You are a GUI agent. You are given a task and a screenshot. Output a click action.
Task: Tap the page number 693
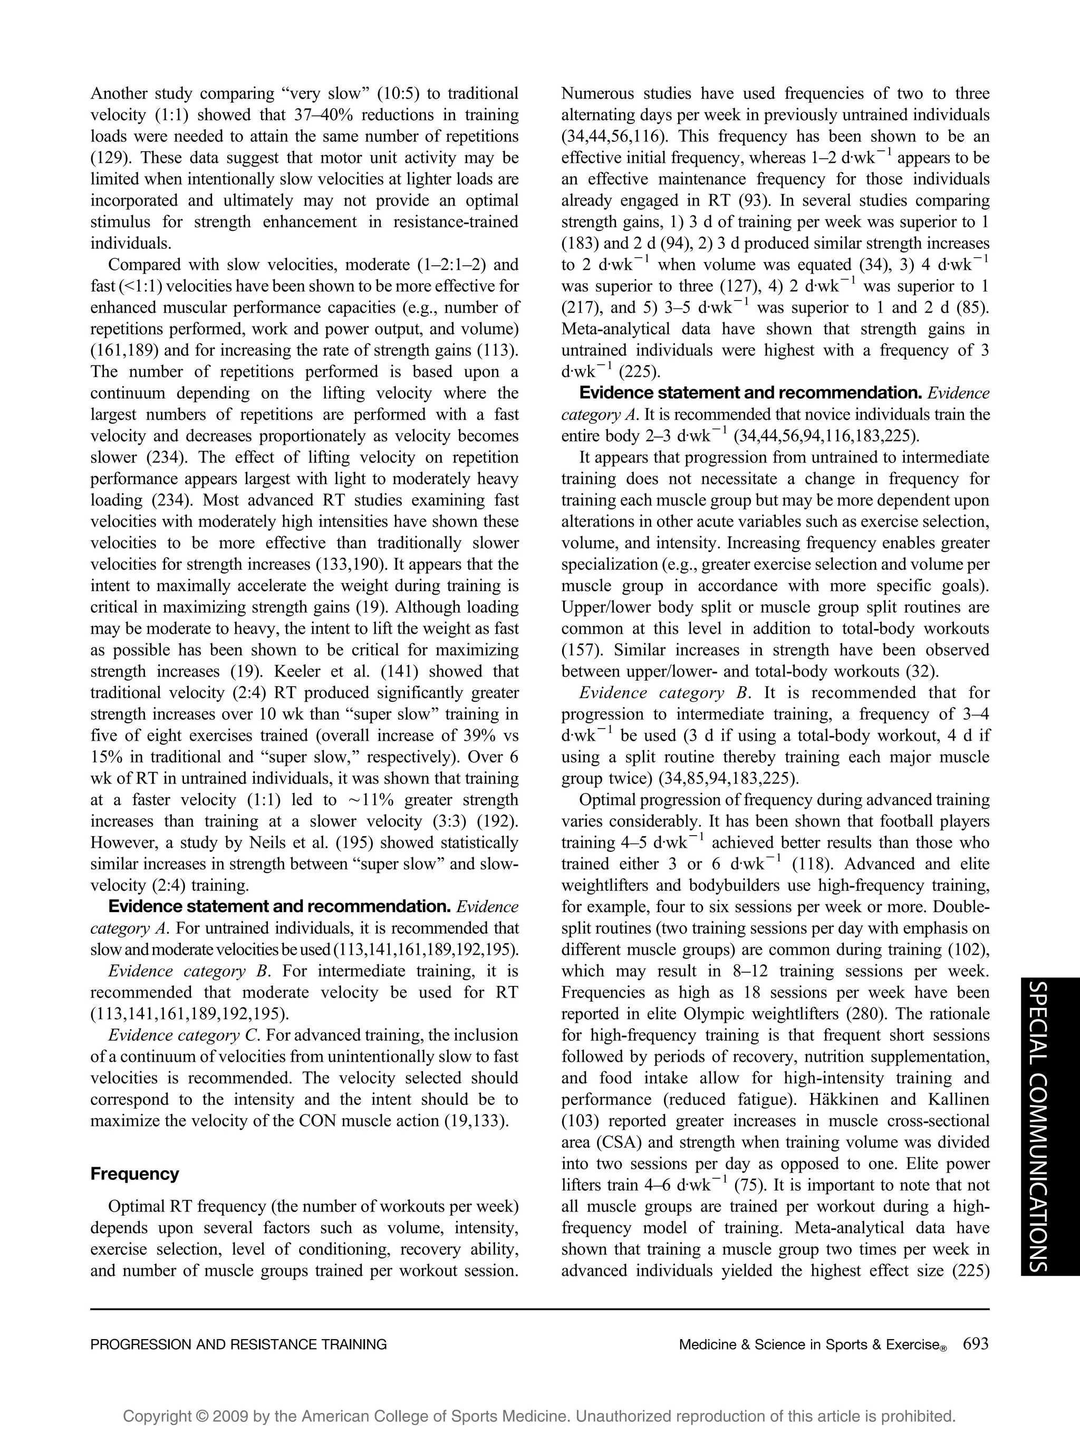coord(976,1344)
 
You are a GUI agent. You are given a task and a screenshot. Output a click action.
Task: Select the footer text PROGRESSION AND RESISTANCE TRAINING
coord(238,1344)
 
